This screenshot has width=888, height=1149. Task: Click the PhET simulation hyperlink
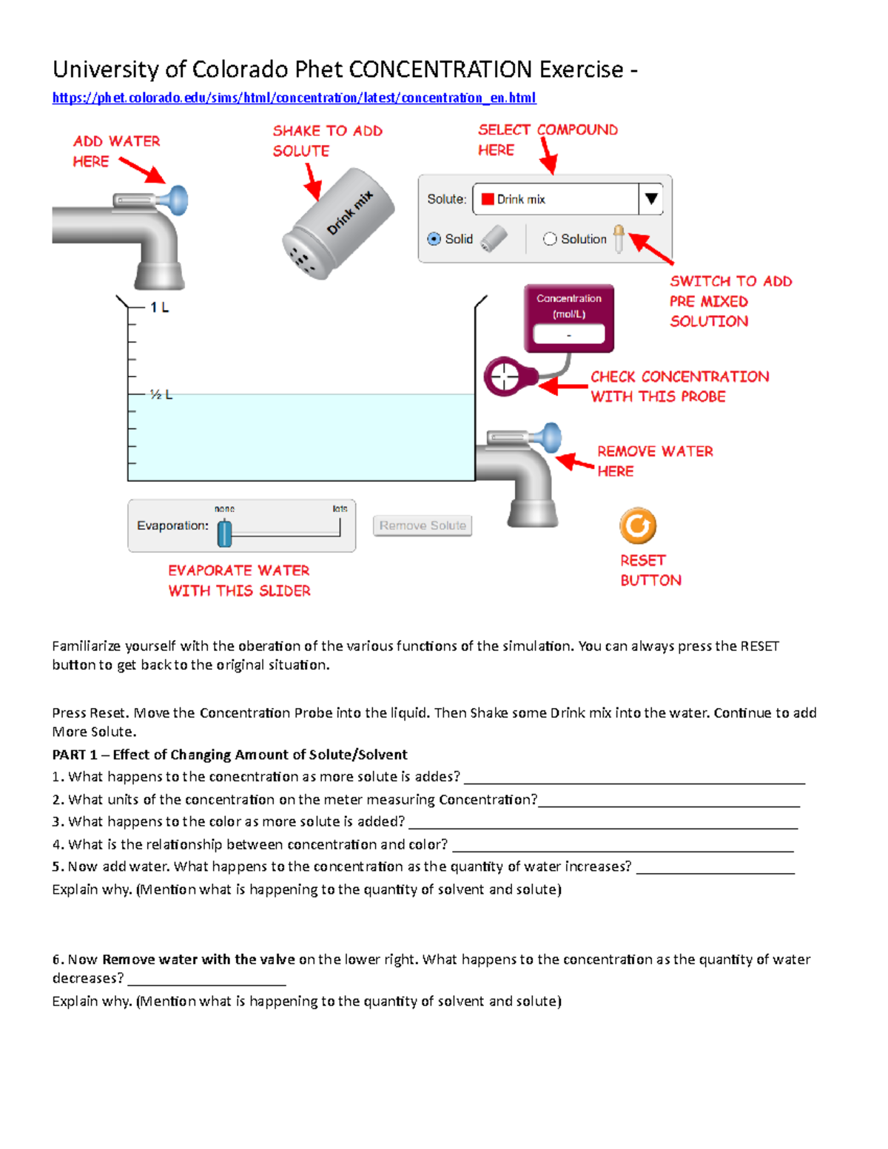294,98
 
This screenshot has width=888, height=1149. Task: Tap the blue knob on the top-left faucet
178,201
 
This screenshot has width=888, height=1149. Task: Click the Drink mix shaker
338,223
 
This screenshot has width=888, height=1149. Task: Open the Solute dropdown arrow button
651,199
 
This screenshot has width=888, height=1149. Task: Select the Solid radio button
434,239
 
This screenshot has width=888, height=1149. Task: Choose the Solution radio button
550,239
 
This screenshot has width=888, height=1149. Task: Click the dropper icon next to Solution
618,238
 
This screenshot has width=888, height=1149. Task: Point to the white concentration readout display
568,334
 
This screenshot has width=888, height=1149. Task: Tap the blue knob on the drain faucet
551,438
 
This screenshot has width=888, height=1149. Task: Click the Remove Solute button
423,525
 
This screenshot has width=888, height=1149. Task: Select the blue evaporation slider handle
225,533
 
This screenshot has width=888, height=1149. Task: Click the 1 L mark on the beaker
159,307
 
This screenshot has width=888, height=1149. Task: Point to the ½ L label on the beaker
161,394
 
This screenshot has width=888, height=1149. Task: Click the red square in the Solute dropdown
488,199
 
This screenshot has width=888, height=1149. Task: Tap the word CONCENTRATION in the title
440,70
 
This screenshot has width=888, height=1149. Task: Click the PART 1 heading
229,755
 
